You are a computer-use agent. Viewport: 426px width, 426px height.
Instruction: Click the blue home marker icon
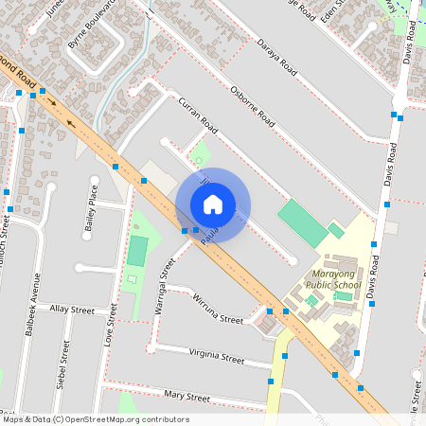point(213,204)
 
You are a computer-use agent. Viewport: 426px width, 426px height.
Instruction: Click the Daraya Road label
point(277,59)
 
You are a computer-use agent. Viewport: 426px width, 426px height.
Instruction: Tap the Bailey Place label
point(91,209)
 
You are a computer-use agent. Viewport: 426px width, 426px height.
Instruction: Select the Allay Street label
point(72,310)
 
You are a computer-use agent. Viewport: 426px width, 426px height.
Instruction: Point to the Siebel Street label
point(63,364)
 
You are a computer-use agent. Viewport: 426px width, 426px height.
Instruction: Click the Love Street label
point(111,322)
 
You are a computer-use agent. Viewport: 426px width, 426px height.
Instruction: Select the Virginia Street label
point(217,357)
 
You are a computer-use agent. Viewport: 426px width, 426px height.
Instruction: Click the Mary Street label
point(186,396)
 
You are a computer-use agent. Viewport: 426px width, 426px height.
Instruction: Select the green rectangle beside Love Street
point(138,251)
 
